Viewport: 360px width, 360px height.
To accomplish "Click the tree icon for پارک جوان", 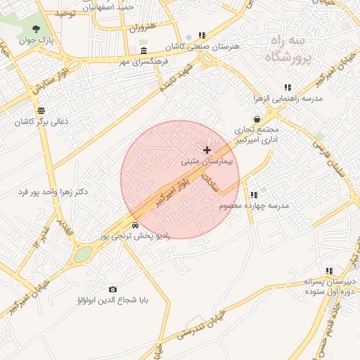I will click(x=35, y=29).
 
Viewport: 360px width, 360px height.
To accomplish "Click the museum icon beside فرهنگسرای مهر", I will click(x=143, y=51).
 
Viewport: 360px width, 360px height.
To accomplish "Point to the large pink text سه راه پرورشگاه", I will click(x=287, y=49).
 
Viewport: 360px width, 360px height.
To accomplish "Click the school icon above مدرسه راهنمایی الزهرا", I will click(x=288, y=87).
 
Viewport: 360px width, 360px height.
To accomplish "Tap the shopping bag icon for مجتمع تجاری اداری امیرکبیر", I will click(x=257, y=119).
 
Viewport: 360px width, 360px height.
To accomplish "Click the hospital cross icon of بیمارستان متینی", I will click(x=207, y=150).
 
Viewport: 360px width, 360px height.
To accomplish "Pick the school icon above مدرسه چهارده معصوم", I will click(x=254, y=195).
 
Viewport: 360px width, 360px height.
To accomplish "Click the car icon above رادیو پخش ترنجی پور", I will click(x=134, y=225).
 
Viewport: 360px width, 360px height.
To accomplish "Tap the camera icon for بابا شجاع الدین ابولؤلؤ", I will click(x=112, y=289).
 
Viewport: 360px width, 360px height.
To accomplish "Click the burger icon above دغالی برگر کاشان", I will click(x=41, y=110).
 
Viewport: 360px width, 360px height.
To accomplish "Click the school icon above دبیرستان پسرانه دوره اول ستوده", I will click(x=328, y=271).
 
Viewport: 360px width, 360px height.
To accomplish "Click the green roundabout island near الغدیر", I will click(x=83, y=254).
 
